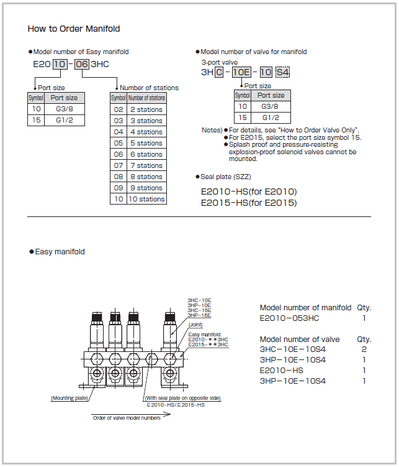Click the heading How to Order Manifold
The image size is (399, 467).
coord(74,29)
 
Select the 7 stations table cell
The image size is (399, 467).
coord(146,165)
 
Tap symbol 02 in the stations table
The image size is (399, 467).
coord(119,109)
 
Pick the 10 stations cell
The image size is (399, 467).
coord(146,199)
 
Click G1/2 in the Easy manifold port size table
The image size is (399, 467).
coord(65,120)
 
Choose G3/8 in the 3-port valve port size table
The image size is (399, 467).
coord(270,106)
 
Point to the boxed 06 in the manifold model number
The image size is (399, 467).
coord(81,64)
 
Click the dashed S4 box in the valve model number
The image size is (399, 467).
coord(282,72)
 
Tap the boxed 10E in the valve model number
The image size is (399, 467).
coord(241,72)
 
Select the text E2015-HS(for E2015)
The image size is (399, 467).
coord(249,203)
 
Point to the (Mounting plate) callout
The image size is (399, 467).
coord(69,398)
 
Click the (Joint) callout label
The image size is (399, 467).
coord(195,325)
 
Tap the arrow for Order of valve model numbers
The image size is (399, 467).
coord(131,414)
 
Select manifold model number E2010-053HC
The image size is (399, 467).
coord(289,318)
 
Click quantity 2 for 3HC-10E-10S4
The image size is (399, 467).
coord(364,349)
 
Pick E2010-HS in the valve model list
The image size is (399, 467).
coord(281,371)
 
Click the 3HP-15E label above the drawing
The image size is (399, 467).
coord(199,315)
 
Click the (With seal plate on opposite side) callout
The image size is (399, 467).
coord(182,398)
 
